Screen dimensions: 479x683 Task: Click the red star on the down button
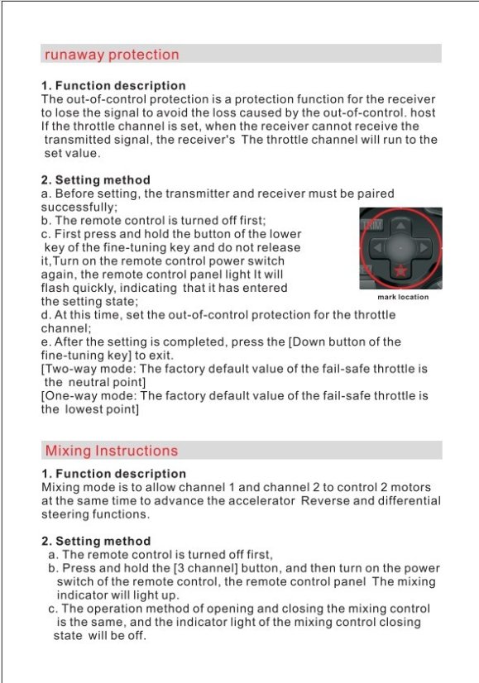[x=400, y=271]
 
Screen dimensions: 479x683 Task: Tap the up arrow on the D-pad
[x=400, y=226]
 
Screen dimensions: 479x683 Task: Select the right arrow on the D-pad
[x=424, y=248]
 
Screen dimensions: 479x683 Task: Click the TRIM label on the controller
[x=372, y=224]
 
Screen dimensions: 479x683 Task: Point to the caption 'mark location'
[x=403, y=297]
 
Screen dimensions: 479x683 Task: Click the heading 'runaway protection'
[x=112, y=55]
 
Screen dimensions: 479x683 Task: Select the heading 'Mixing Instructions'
[x=112, y=451]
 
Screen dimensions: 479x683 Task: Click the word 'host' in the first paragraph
[x=423, y=112]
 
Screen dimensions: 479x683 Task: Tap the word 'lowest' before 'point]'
[x=84, y=409]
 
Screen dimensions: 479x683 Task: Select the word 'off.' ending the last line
[x=137, y=636]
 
